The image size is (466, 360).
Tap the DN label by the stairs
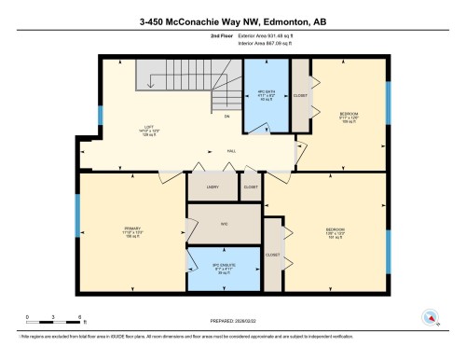pos(227,116)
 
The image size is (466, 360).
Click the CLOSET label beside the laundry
pos(250,187)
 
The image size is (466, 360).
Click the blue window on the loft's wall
pos(100,117)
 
